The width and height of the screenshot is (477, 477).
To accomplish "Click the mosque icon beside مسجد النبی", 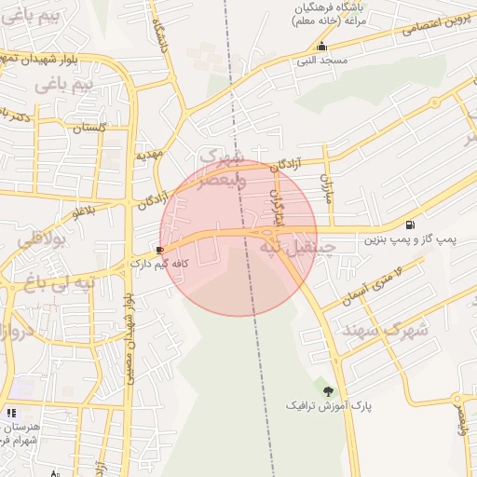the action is tap(322, 47).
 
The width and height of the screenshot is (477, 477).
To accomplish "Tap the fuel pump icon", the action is tap(410, 225).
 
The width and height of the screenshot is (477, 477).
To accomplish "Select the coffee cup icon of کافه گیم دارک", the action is tap(160, 250).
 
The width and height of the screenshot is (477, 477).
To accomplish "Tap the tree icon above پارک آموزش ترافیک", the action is tap(327, 391).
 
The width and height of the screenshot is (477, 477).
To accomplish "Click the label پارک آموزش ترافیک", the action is tap(325, 407).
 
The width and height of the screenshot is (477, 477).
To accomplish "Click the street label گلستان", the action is tap(89, 127).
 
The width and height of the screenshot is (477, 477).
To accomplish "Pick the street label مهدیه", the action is tap(149, 155).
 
